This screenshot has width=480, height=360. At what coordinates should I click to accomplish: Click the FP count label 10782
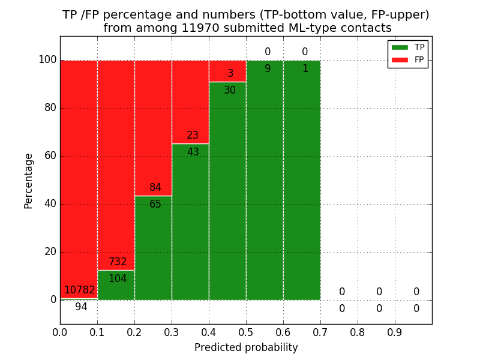(x=80, y=290)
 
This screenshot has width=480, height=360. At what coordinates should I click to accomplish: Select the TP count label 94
(x=81, y=307)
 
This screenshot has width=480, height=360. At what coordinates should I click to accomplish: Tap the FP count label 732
(x=118, y=262)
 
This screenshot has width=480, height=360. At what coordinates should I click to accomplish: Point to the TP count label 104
(x=118, y=279)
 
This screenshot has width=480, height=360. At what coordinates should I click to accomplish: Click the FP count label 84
(x=155, y=188)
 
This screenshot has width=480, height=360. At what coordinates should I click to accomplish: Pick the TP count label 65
(x=155, y=205)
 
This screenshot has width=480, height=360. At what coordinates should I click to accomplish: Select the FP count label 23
(x=193, y=136)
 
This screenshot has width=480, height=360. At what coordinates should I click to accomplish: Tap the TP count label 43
(x=193, y=152)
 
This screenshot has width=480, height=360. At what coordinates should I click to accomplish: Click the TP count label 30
(x=230, y=91)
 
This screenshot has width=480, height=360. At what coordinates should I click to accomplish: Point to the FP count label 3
(x=230, y=74)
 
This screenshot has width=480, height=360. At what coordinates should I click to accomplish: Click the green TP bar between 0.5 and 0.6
(x=265, y=180)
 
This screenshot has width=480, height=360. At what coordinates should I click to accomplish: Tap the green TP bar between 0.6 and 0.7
(x=302, y=180)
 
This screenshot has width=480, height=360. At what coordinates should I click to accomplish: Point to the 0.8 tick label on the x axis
(x=358, y=332)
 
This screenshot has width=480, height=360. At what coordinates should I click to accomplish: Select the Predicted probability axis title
(x=246, y=347)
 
